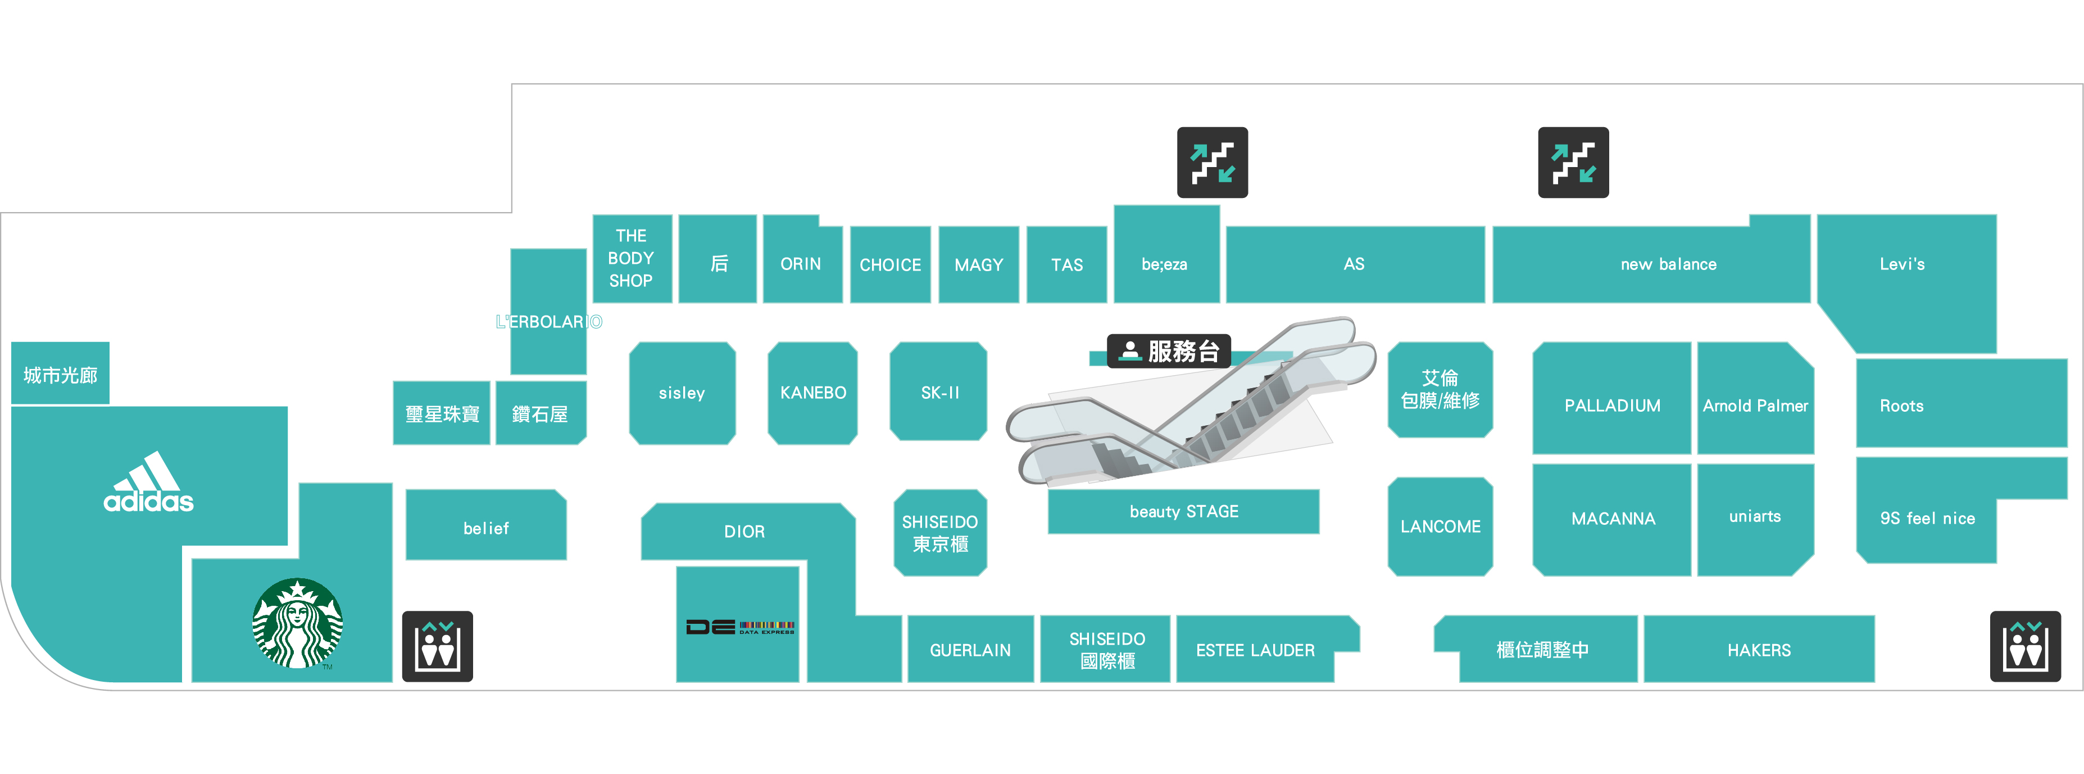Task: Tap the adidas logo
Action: (149, 484)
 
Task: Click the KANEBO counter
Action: (812, 393)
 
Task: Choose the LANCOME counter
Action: (1440, 526)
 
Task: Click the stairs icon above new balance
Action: (1573, 162)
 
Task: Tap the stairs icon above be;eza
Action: (1212, 162)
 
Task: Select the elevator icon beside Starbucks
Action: (437, 646)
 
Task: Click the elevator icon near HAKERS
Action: (2025, 646)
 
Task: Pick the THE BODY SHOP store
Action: (631, 258)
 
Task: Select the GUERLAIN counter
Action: (970, 650)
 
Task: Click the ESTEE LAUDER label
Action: (1255, 650)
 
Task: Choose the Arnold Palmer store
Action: (1755, 405)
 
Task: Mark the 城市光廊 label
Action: (60, 375)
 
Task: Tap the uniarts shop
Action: (1755, 516)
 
